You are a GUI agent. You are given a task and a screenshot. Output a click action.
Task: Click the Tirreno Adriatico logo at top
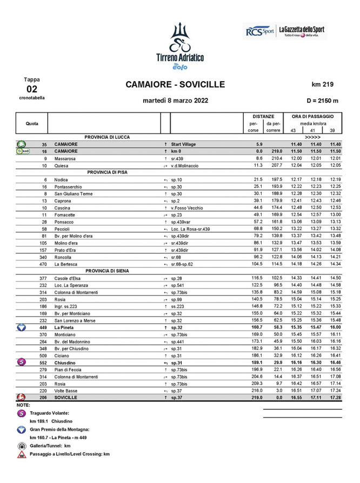pyautogui.click(x=179, y=46)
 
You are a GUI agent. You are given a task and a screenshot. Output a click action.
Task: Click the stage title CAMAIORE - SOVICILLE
pyautogui.click(x=175, y=84)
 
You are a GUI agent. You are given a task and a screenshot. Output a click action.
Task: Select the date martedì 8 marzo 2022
pyautogui.click(x=175, y=100)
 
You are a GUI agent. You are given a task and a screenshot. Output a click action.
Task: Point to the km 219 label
pyautogui.click(x=323, y=84)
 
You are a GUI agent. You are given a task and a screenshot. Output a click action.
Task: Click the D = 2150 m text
pyautogui.click(x=322, y=100)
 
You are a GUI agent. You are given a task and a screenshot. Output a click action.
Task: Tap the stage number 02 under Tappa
pyautogui.click(x=32, y=89)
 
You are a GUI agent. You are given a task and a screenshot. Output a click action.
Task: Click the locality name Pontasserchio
pyautogui.click(x=70, y=186)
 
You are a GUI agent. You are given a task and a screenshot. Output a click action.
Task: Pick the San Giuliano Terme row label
pyautogui.click(x=74, y=193)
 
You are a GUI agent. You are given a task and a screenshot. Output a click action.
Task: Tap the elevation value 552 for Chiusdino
pyautogui.click(x=43, y=363)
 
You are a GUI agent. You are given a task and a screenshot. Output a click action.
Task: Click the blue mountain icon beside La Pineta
pyautogui.click(x=21, y=327)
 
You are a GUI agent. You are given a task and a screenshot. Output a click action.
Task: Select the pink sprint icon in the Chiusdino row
pyautogui.click(x=21, y=363)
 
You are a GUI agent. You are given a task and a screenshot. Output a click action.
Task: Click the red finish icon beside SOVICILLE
pyautogui.click(x=21, y=397)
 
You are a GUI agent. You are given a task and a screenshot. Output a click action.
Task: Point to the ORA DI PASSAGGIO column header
pyautogui.click(x=316, y=116)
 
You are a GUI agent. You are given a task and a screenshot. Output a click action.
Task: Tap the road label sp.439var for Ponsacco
pyautogui.click(x=181, y=222)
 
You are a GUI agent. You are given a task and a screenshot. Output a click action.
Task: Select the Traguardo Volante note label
pyautogui.click(x=55, y=413)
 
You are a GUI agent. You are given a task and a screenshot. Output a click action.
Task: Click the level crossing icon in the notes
pyautogui.click(x=21, y=455)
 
